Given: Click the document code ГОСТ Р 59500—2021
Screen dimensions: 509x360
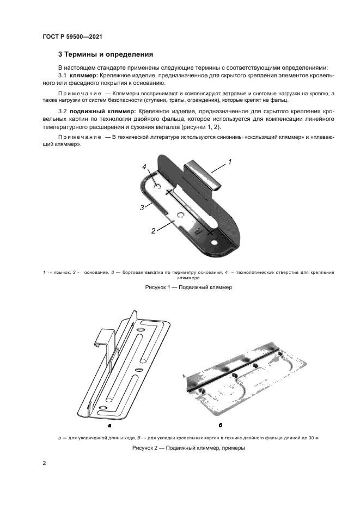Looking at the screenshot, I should (x=72, y=36).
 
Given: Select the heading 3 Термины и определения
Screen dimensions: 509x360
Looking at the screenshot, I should (x=105, y=54).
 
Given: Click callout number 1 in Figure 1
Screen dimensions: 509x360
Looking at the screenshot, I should (x=230, y=162).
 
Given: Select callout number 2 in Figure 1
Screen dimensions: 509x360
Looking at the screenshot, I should (x=153, y=230).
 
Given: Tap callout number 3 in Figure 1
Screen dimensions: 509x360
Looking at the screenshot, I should (x=142, y=207).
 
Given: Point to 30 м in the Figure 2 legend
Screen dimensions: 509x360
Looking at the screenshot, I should (x=313, y=437).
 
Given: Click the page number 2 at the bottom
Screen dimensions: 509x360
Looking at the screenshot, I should (x=45, y=463).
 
